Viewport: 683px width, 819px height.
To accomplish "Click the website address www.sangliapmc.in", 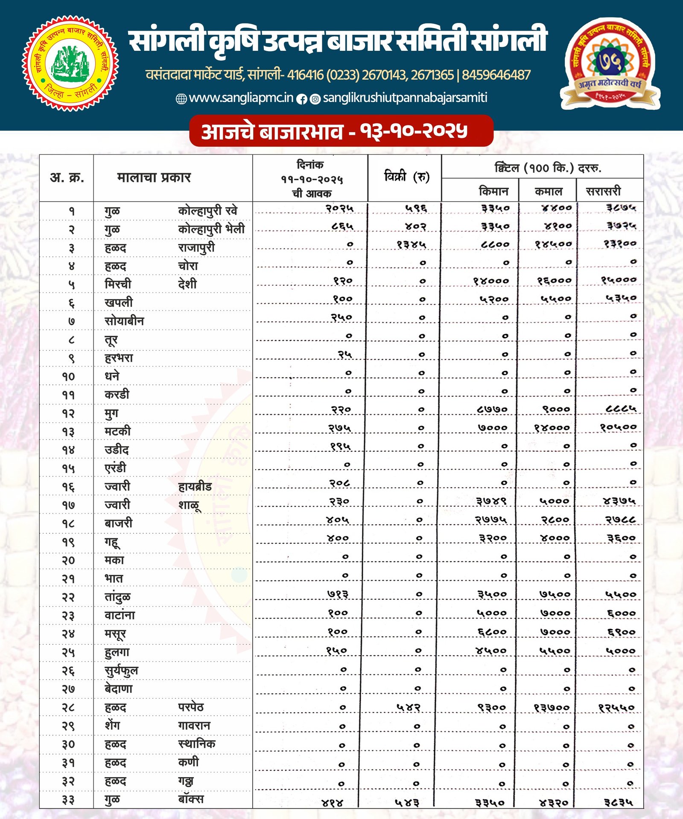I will (x=241, y=98).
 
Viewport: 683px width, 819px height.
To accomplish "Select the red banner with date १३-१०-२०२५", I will (x=341, y=131).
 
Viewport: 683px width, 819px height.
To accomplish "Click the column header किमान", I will (x=493, y=191).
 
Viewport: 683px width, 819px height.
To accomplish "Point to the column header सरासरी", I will (x=603, y=191).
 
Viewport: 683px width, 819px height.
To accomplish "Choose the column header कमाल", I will (x=548, y=191).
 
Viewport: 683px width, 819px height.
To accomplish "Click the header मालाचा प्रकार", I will (x=154, y=177).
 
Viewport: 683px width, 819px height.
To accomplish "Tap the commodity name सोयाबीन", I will (x=124, y=321).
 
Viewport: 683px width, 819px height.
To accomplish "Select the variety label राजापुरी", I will (x=196, y=247).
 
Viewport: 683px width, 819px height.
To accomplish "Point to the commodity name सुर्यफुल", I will (x=121, y=671).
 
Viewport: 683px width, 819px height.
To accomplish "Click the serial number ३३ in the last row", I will (x=68, y=800).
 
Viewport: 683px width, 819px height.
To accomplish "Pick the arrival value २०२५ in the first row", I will (x=340, y=208).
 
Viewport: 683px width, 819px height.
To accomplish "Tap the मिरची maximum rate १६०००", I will (x=554, y=281).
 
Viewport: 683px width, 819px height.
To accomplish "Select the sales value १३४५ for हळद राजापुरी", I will (x=411, y=244).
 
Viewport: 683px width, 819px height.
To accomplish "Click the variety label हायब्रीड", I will (x=195, y=486).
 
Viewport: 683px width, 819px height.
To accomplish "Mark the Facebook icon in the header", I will (x=302, y=99).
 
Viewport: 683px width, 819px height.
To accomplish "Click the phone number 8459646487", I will (x=496, y=75).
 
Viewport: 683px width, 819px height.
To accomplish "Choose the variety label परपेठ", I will (x=191, y=707).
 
